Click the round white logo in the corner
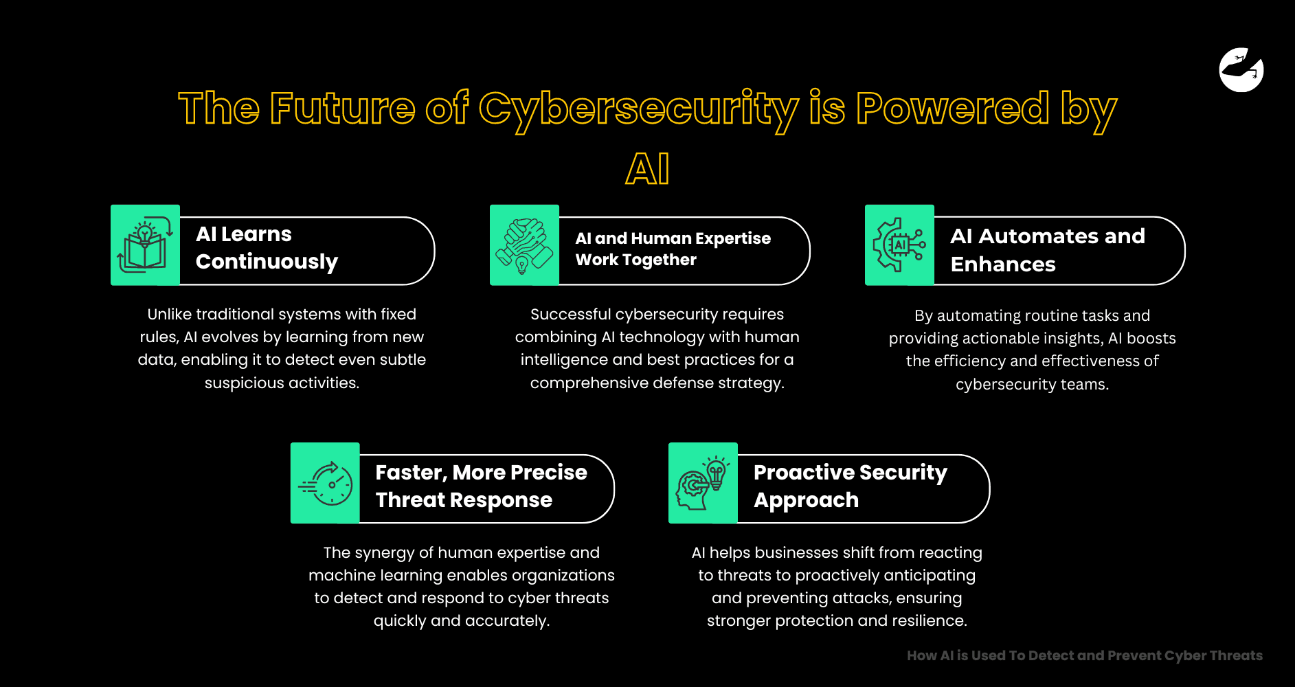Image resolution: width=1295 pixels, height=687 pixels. pyautogui.click(x=1241, y=69)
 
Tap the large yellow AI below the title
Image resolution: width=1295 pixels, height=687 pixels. pyautogui.click(x=647, y=169)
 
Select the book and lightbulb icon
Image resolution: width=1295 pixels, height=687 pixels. pyautogui.click(x=145, y=245)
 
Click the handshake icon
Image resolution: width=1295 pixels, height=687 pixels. pyautogui.click(x=524, y=245)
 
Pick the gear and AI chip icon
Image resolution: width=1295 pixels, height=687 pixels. pyautogui.click(x=899, y=245)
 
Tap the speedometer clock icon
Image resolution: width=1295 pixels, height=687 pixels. pyautogui.click(x=325, y=483)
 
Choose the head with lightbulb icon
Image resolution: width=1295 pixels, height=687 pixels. pyautogui.click(x=703, y=483)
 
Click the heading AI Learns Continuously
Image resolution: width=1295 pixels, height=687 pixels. pyautogui.click(x=267, y=248)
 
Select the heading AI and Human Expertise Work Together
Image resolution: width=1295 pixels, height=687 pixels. pyautogui.click(x=673, y=249)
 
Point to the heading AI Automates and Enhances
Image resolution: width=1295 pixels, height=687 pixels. pyautogui.click(x=1047, y=250)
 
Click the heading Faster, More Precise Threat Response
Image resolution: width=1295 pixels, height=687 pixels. pyautogui.click(x=481, y=486)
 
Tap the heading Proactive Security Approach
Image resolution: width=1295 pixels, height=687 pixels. pyautogui.click(x=850, y=486)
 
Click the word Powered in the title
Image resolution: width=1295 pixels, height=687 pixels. pyautogui.click(x=952, y=109)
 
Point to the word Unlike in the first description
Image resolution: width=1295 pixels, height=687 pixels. pyautogui.click(x=169, y=315)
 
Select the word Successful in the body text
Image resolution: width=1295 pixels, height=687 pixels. pyautogui.click(x=570, y=315)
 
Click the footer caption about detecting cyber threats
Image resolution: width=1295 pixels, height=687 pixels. pyautogui.click(x=1084, y=655)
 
